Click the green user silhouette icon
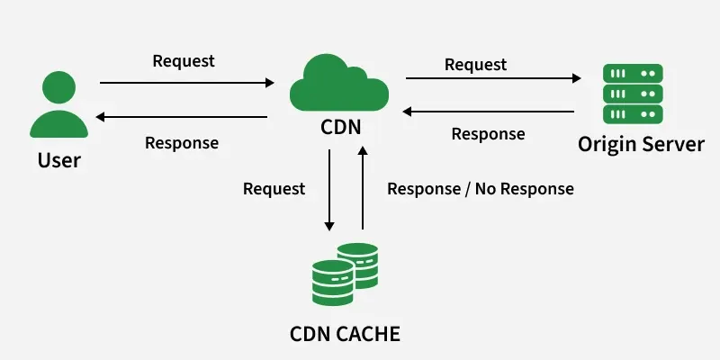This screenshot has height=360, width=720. [x=59, y=107]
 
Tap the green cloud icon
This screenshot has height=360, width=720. [x=339, y=83]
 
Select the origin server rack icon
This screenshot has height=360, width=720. [x=634, y=94]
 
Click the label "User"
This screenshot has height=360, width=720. [x=59, y=161]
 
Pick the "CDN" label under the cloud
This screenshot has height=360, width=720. [x=341, y=127]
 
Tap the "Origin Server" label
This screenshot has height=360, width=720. [x=641, y=144]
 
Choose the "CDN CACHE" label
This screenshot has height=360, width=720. [x=345, y=335]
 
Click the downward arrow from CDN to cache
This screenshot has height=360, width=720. [x=329, y=189]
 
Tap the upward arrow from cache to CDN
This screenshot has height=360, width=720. [x=363, y=189]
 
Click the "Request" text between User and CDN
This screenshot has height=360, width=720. [x=184, y=61]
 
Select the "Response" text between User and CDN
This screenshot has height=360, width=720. [x=182, y=142]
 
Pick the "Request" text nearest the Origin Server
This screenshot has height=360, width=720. [x=475, y=65]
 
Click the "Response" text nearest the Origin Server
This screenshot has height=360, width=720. [x=488, y=134]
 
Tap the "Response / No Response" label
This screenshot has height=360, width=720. [x=480, y=189]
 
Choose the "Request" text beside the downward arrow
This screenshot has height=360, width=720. [x=274, y=189]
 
